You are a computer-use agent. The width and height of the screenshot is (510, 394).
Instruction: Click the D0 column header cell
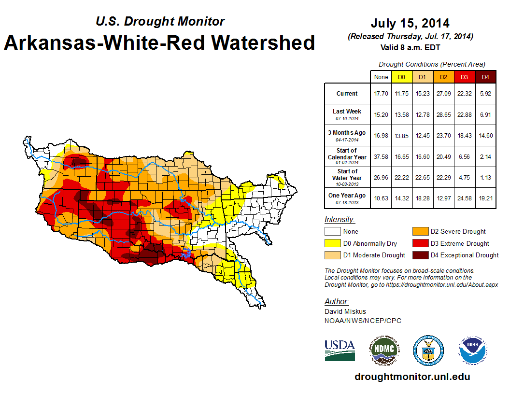tap(401, 77)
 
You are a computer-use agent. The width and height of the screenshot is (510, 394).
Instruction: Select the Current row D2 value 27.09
tap(443, 94)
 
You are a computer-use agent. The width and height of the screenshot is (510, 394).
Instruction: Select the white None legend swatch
tap(332, 232)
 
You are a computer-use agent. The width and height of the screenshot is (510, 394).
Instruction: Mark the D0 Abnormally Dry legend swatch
tap(332, 243)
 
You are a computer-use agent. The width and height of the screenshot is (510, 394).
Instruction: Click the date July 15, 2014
tap(410, 23)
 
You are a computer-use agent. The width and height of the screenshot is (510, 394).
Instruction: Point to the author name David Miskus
tap(345, 311)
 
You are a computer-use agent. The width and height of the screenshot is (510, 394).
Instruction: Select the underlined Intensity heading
tap(340, 220)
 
